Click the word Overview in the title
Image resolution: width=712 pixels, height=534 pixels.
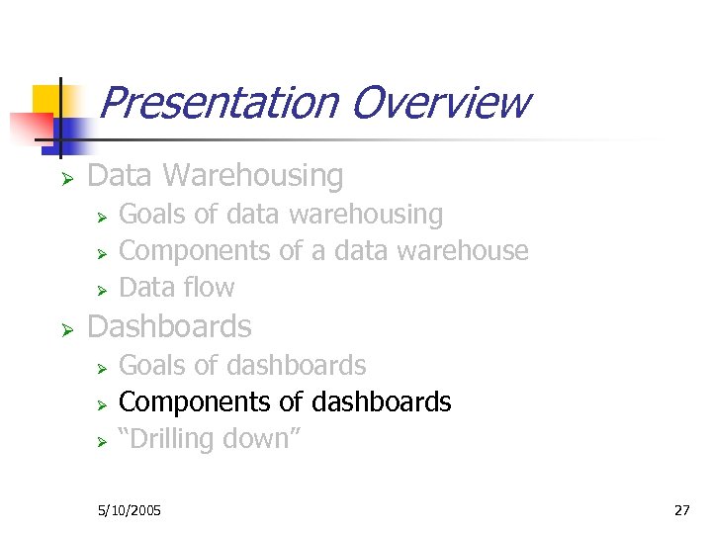pos(440,102)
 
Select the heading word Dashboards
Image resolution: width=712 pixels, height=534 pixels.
pos(169,326)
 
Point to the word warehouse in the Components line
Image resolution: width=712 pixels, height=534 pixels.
pos(463,251)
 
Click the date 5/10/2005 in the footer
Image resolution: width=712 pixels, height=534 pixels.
pos(130,510)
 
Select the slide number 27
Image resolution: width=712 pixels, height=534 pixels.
pos(681,510)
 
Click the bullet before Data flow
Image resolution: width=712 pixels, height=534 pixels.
pos(100,290)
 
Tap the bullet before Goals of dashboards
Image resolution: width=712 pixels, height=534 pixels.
pos(100,368)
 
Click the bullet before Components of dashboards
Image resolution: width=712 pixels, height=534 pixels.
pos(100,404)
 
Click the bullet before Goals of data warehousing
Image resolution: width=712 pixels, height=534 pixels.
pos(100,217)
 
